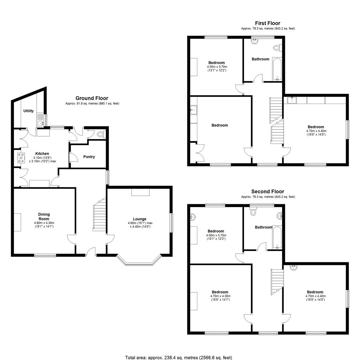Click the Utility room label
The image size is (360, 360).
point(28,111)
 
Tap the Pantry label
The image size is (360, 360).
point(89,157)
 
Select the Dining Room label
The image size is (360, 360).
point(44,217)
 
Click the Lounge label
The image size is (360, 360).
point(139,219)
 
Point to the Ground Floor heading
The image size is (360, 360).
point(92,98)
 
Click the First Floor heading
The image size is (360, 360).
point(268,23)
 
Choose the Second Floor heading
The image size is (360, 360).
point(268,191)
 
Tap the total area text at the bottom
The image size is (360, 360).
point(178,357)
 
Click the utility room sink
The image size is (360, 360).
point(40,124)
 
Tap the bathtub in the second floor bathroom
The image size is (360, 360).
point(277,238)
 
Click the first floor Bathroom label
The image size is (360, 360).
point(260,59)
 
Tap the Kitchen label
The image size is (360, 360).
point(42,154)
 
